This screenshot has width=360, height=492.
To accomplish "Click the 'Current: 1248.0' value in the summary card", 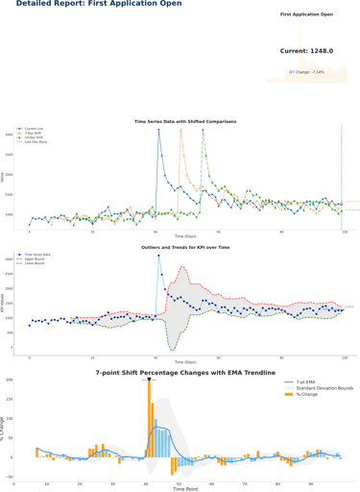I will [x=306, y=51].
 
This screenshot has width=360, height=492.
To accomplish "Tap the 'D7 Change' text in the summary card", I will [x=306, y=71].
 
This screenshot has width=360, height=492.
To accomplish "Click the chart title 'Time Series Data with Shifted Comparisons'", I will [x=185, y=122].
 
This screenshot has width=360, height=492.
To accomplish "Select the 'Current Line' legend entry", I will [x=33, y=129].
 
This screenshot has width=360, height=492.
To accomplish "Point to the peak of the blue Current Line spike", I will [x=158, y=130].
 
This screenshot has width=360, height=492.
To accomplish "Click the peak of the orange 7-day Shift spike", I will [x=180, y=130].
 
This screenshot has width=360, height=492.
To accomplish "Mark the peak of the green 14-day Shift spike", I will [x=203, y=130].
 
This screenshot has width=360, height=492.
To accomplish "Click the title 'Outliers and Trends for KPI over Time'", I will [x=185, y=247].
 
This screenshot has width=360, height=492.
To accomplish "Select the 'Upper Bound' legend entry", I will [x=35, y=258].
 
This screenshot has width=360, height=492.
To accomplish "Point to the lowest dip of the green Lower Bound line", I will [x=171, y=348].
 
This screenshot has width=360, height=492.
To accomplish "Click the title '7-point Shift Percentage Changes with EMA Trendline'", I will [x=185, y=372].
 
